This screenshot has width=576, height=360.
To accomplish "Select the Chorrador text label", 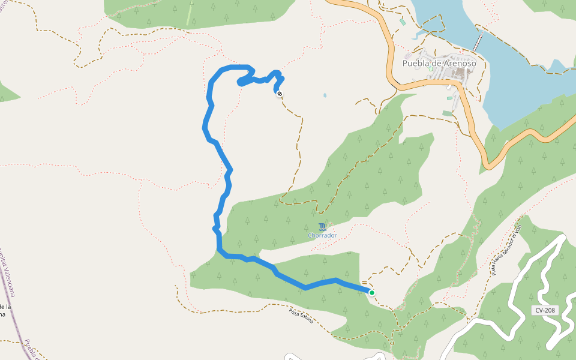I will [x=322, y=235].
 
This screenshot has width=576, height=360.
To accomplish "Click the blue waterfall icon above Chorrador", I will [x=323, y=227].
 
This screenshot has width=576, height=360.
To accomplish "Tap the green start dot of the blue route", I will [x=372, y=293].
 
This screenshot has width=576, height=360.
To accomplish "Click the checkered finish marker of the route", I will [x=280, y=93].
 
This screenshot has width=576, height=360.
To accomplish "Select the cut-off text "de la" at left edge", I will [x=5, y=307].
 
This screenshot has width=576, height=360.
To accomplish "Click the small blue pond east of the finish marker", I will [x=325, y=95].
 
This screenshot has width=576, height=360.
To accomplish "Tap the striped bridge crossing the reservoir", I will [x=478, y=43].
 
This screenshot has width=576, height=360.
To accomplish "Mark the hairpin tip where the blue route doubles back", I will [x=241, y=82].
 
